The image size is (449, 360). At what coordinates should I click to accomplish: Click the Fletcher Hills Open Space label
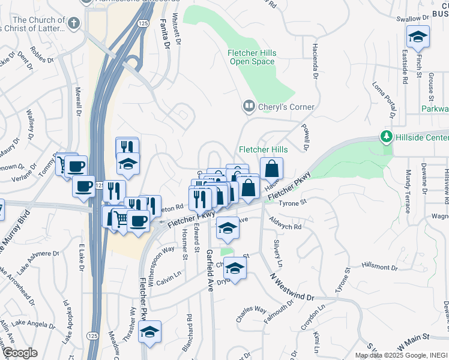(252, 57)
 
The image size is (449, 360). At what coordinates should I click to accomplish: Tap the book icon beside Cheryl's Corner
(249, 107)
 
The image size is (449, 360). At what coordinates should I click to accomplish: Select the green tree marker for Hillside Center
(386, 137)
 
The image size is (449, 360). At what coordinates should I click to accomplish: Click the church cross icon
(73, 23)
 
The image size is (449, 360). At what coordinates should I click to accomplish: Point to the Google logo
(20, 353)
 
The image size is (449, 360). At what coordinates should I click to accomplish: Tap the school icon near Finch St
(418, 38)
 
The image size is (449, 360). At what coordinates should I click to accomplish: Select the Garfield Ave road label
(210, 270)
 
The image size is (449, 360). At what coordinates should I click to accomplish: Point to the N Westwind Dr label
(292, 288)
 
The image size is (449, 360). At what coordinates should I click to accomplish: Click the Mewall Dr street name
(78, 102)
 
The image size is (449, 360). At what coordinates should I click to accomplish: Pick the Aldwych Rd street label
(286, 227)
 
